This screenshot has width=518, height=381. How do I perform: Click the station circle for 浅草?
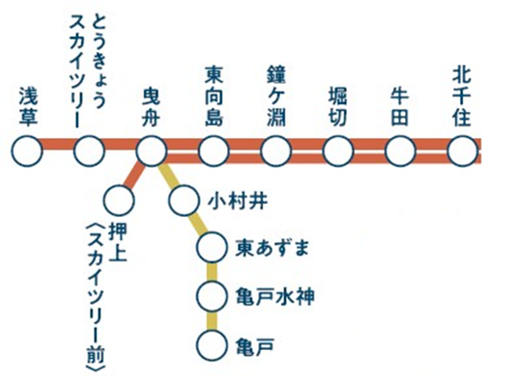pos(27,151)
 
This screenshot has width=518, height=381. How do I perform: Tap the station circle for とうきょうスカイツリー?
pos(89,151)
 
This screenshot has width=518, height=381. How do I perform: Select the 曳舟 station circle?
pos(151,151)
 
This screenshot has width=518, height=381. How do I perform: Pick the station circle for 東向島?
pos(214,151)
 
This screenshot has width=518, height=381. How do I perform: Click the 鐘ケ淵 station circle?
pos(275,151)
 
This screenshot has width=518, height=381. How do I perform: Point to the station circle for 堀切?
pos(338,151)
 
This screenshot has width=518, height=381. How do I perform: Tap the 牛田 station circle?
pos(400,151)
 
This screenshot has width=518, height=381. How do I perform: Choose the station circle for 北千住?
pos(463,151)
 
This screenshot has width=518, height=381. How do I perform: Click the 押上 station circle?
pos(120,202)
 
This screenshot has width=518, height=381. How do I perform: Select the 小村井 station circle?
pos(183,202)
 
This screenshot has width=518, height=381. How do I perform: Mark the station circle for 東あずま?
pos(211,248)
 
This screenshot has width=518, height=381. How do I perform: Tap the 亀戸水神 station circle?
pos(211,294)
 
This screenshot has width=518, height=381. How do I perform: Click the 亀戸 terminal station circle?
pos(211,342)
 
